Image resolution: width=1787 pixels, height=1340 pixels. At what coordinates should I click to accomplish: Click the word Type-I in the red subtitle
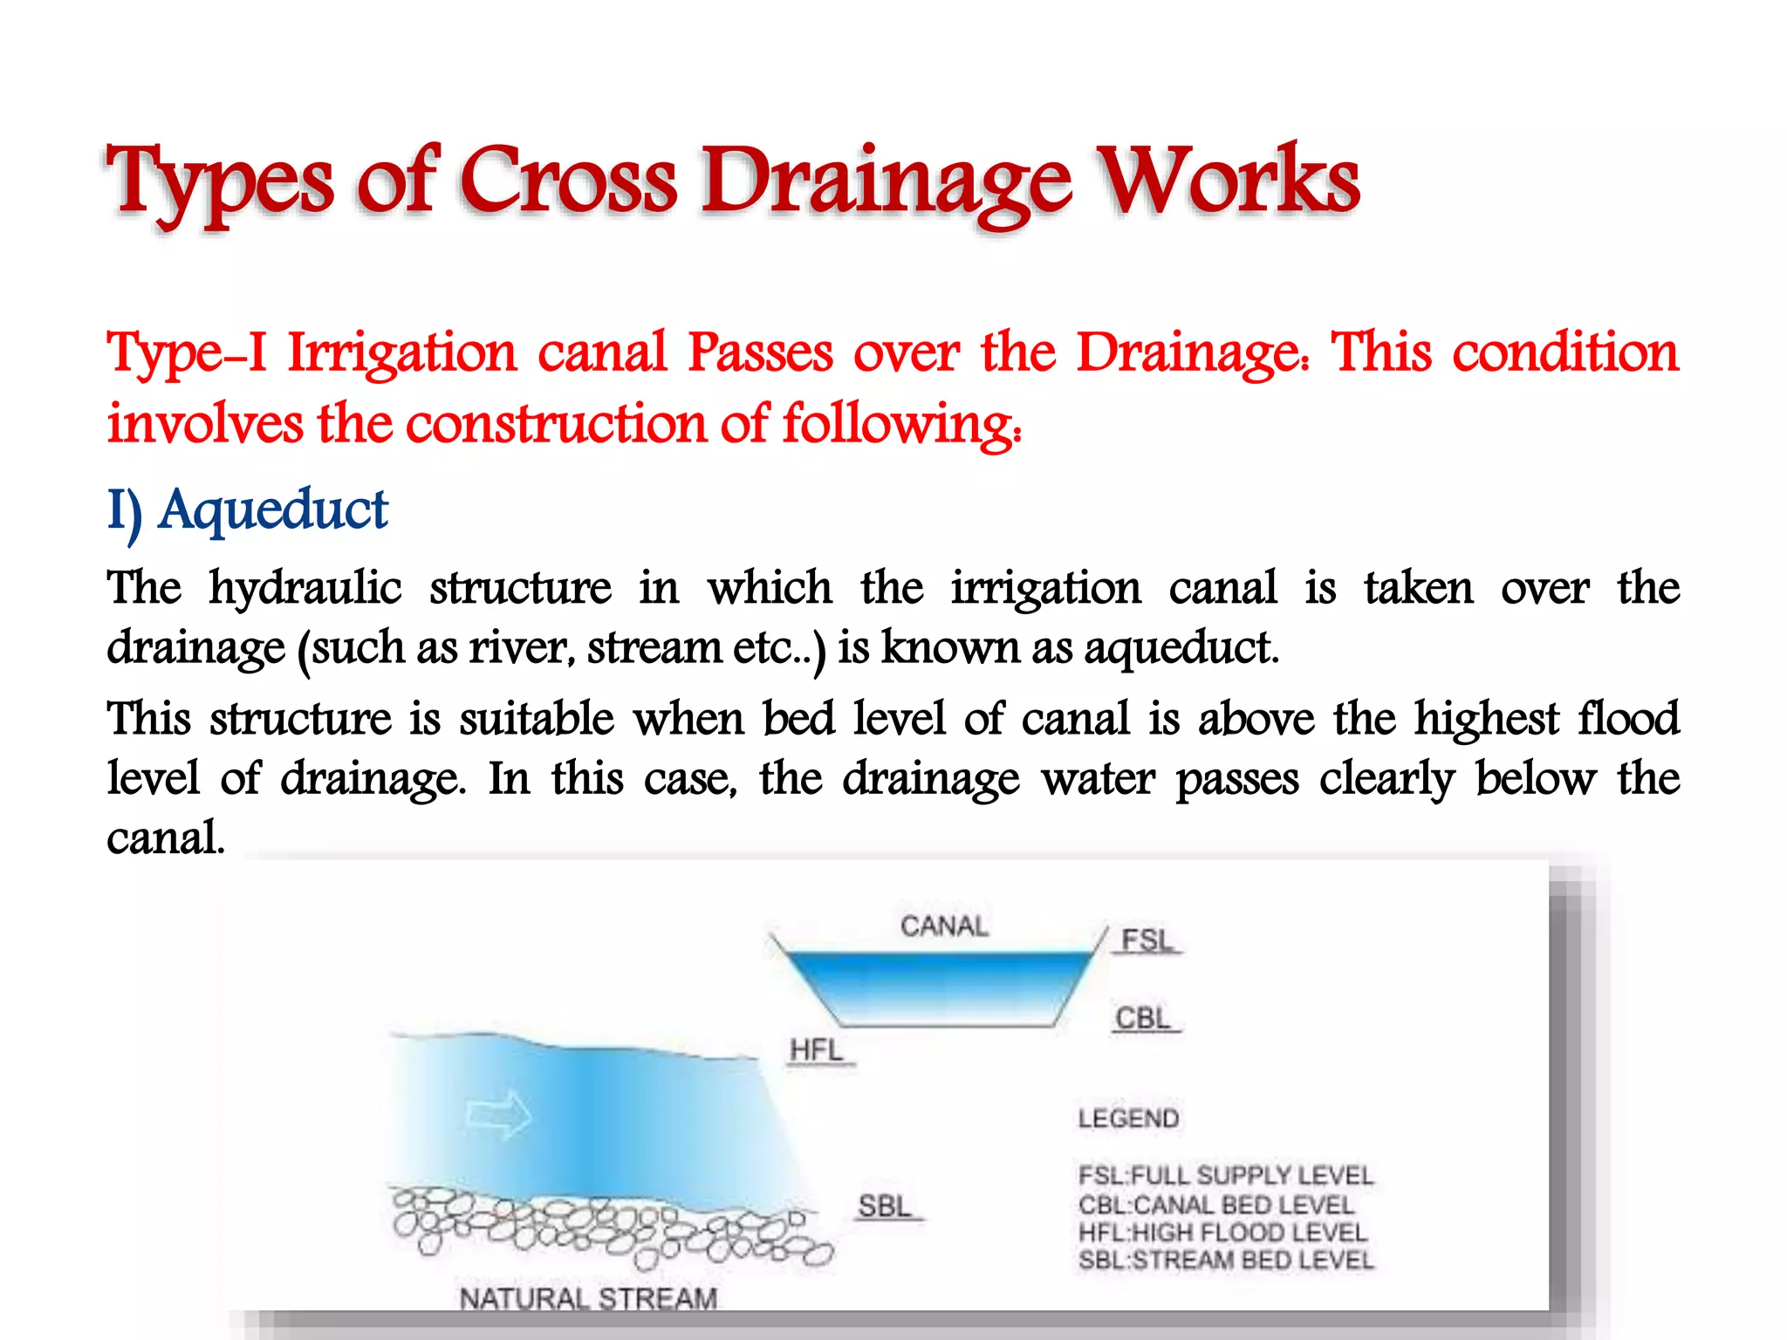(x=187, y=353)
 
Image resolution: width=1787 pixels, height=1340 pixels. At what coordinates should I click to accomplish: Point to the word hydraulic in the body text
(x=305, y=588)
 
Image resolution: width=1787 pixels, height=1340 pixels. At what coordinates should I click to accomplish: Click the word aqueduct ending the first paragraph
(x=1181, y=648)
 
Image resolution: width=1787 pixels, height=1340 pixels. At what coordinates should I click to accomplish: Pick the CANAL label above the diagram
(x=944, y=926)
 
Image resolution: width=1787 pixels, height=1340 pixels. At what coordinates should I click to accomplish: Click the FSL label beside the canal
(x=1147, y=940)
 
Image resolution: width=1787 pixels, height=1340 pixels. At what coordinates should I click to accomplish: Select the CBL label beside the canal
(x=1143, y=1018)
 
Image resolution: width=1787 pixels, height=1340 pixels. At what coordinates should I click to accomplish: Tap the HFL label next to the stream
(x=817, y=1049)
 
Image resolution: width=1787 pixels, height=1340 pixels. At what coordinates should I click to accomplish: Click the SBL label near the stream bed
(x=885, y=1207)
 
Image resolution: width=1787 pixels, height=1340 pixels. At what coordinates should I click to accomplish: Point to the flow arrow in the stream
(x=498, y=1114)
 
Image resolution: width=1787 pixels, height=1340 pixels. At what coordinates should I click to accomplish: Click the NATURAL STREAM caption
(x=588, y=1299)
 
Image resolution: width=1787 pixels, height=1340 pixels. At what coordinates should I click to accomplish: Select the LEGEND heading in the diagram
(x=1128, y=1118)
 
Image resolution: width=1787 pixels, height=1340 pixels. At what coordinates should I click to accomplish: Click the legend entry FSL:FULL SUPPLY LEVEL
(x=1225, y=1175)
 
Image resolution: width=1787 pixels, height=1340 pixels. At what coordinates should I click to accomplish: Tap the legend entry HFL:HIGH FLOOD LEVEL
(x=1222, y=1233)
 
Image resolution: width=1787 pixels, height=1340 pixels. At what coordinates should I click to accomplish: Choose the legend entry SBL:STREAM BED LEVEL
(x=1225, y=1261)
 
